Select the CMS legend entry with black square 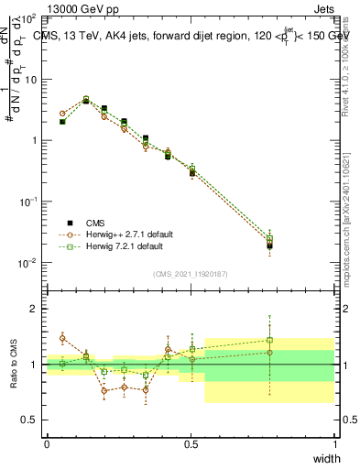[x=95, y=222]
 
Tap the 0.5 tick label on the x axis [x=191, y=444]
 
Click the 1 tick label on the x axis [x=334, y=444]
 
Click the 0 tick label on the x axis [x=47, y=444]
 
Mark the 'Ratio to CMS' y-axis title [x=14, y=365]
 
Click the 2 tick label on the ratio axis [x=34, y=310]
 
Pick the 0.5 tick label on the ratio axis [x=29, y=420]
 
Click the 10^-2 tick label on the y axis [x=27, y=263]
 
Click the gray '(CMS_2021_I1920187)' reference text [x=191, y=273]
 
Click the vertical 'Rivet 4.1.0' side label [x=345, y=73]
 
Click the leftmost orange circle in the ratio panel [x=62, y=338]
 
